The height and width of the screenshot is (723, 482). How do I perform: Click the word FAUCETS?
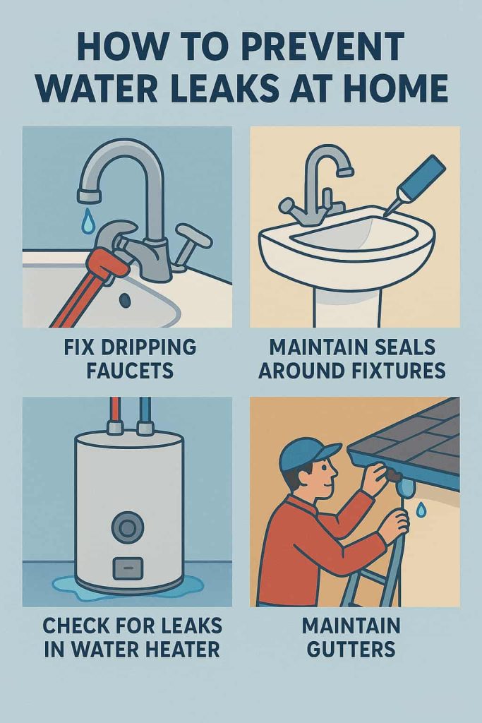point(130,370)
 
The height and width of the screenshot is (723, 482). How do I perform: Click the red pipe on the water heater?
point(114,412)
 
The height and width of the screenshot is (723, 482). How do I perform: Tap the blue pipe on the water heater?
point(145,412)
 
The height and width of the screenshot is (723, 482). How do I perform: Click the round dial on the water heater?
point(128,527)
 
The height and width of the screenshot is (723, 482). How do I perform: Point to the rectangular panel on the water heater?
point(128,568)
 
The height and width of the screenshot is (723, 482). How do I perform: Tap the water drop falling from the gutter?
point(421,510)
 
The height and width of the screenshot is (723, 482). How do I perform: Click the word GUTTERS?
point(351,650)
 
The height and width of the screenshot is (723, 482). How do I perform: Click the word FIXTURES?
point(397,370)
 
